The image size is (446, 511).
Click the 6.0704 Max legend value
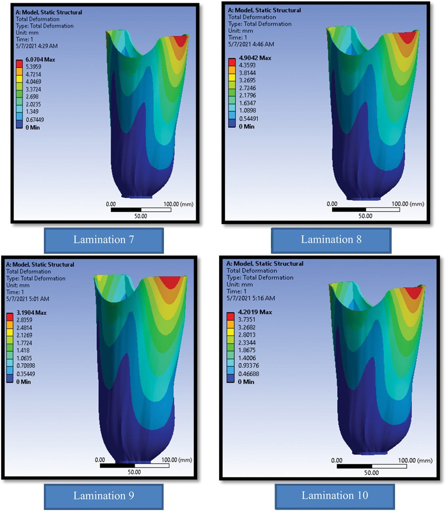click(40, 59)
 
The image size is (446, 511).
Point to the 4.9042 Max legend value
click(255, 58)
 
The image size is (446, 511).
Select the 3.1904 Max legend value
click(31, 313)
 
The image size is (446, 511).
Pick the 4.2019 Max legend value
click(255, 312)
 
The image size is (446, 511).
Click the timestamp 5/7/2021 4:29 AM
click(37, 46)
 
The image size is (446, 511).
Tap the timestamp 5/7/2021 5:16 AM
click(251, 298)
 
